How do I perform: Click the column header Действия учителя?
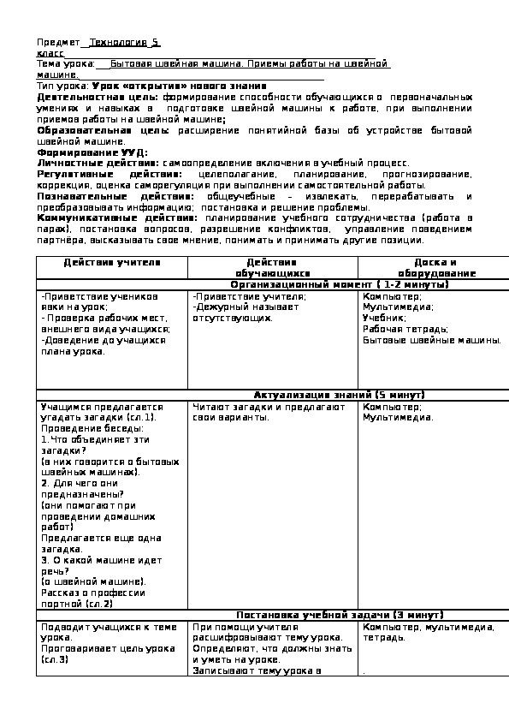(112, 262)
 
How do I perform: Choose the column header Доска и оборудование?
(434, 267)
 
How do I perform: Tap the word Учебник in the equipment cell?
(384, 317)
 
